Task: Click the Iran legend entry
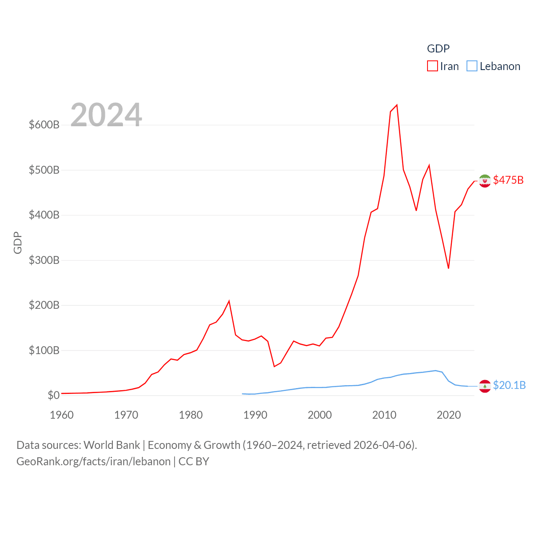[443, 66]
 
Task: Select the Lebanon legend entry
[494, 66]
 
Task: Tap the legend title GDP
[438, 49]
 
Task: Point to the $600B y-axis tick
[44, 125]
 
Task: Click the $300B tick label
[44, 260]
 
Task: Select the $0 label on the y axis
[53, 395]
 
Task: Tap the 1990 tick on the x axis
[255, 415]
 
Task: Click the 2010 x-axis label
[384, 415]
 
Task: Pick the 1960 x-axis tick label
[62, 415]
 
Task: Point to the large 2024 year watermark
[106, 115]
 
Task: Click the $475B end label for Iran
[508, 180]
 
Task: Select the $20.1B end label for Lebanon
[509, 385]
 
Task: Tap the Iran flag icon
[485, 181]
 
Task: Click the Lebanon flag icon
[485, 386]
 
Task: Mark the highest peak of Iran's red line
[397, 105]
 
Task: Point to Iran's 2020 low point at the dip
[448, 268]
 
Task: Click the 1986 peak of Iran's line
[229, 301]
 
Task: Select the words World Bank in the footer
[112, 445]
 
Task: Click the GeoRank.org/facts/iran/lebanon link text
[94, 461]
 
